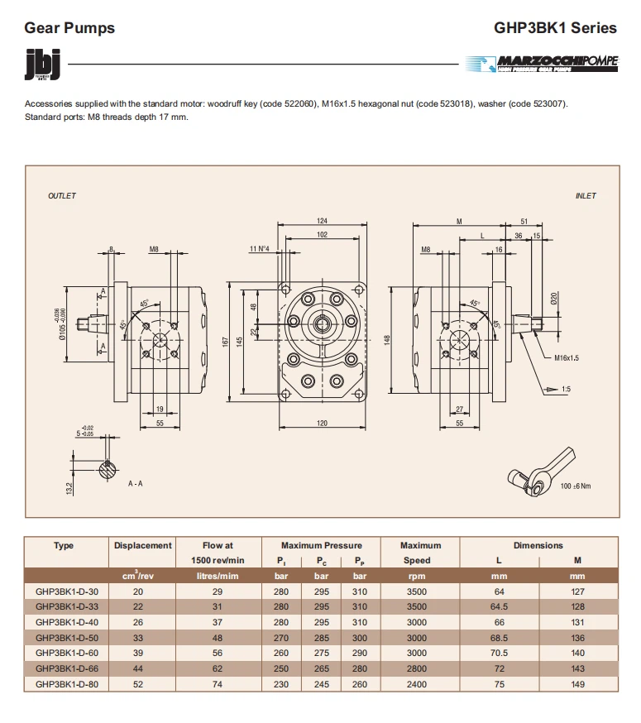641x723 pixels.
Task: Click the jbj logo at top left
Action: pos(39,65)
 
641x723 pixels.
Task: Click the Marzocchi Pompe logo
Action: pos(542,63)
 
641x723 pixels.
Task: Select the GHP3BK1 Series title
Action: pos(555,27)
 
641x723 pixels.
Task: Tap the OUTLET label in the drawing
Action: pos(62,196)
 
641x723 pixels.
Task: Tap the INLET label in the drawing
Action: pos(586,196)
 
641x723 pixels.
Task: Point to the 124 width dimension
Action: pos(322,220)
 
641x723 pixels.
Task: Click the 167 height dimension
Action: pos(225,341)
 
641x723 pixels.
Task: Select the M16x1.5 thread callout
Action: pos(567,358)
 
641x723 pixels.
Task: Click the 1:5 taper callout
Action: pos(565,389)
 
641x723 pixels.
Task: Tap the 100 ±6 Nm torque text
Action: pos(576,486)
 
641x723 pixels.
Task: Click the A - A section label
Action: pos(135,483)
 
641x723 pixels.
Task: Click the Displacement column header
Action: pos(143,546)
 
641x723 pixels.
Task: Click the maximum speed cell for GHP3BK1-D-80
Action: pos(417,684)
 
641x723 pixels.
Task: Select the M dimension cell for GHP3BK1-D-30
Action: pos(577,591)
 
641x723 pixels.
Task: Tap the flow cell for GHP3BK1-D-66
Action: pos(218,668)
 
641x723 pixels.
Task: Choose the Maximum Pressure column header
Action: pos(321,546)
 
